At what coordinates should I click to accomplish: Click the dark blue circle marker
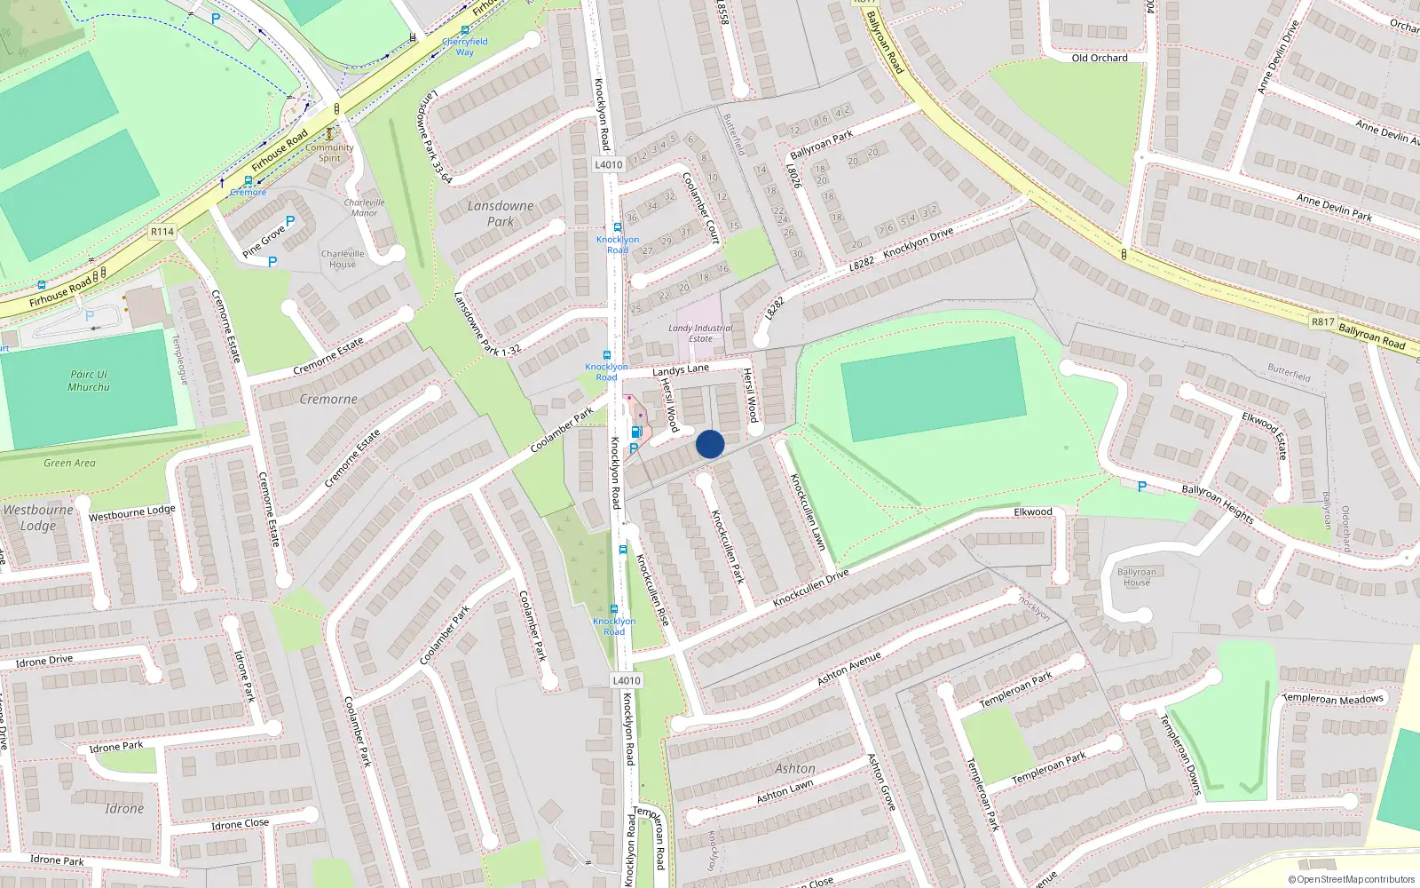click(710, 444)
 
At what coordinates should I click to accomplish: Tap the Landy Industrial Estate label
click(700, 333)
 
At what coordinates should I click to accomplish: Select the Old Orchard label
click(1100, 58)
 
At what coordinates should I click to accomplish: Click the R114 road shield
click(162, 232)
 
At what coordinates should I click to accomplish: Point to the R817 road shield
click(1322, 321)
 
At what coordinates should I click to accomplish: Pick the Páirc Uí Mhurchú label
click(89, 381)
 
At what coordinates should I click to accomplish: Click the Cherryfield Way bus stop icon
click(464, 30)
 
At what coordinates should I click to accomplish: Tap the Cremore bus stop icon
click(248, 181)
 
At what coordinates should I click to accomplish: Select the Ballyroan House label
click(1136, 577)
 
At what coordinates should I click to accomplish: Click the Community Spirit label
click(329, 153)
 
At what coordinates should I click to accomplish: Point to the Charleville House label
click(343, 258)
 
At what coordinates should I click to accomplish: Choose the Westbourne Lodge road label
click(132, 512)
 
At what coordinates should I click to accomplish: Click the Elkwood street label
click(1033, 512)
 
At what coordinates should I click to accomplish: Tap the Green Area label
click(69, 463)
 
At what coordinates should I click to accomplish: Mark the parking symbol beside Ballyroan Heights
click(1142, 487)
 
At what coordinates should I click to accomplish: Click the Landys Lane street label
click(681, 369)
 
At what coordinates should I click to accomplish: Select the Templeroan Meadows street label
click(1333, 699)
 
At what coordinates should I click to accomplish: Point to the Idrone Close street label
click(240, 824)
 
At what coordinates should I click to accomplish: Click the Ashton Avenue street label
click(849, 668)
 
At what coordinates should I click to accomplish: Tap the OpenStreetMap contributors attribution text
click(1352, 880)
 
